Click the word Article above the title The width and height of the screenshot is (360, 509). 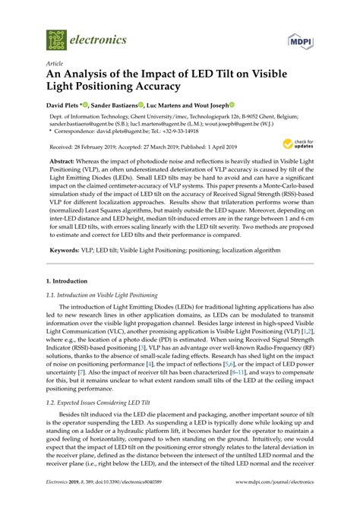[55, 65]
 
